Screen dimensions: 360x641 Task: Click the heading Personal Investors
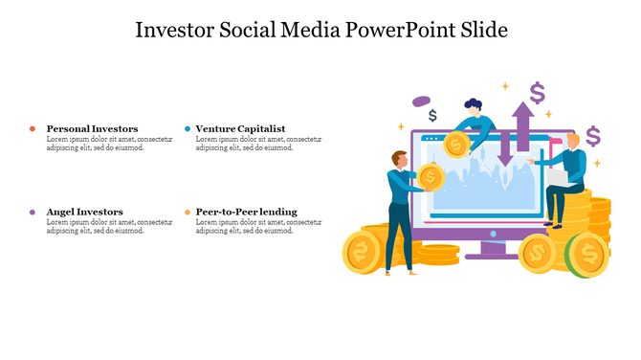(x=92, y=128)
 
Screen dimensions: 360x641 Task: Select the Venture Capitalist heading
(x=240, y=128)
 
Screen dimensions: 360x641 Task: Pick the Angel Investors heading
(x=84, y=212)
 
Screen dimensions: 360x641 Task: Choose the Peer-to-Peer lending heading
(x=246, y=212)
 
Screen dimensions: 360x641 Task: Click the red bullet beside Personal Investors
(x=33, y=128)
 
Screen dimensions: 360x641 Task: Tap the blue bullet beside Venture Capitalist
(x=187, y=128)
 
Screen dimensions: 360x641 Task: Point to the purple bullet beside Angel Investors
(x=33, y=212)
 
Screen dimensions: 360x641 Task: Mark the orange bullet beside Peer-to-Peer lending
(x=187, y=212)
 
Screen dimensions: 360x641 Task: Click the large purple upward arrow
(x=522, y=123)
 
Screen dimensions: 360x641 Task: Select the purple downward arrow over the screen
(x=505, y=149)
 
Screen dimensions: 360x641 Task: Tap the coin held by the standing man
(x=431, y=177)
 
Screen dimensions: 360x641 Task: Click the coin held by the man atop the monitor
(x=456, y=145)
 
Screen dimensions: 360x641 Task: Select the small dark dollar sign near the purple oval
(x=433, y=116)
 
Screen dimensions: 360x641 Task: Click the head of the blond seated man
(x=572, y=141)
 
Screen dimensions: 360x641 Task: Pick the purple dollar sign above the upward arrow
(x=537, y=93)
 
